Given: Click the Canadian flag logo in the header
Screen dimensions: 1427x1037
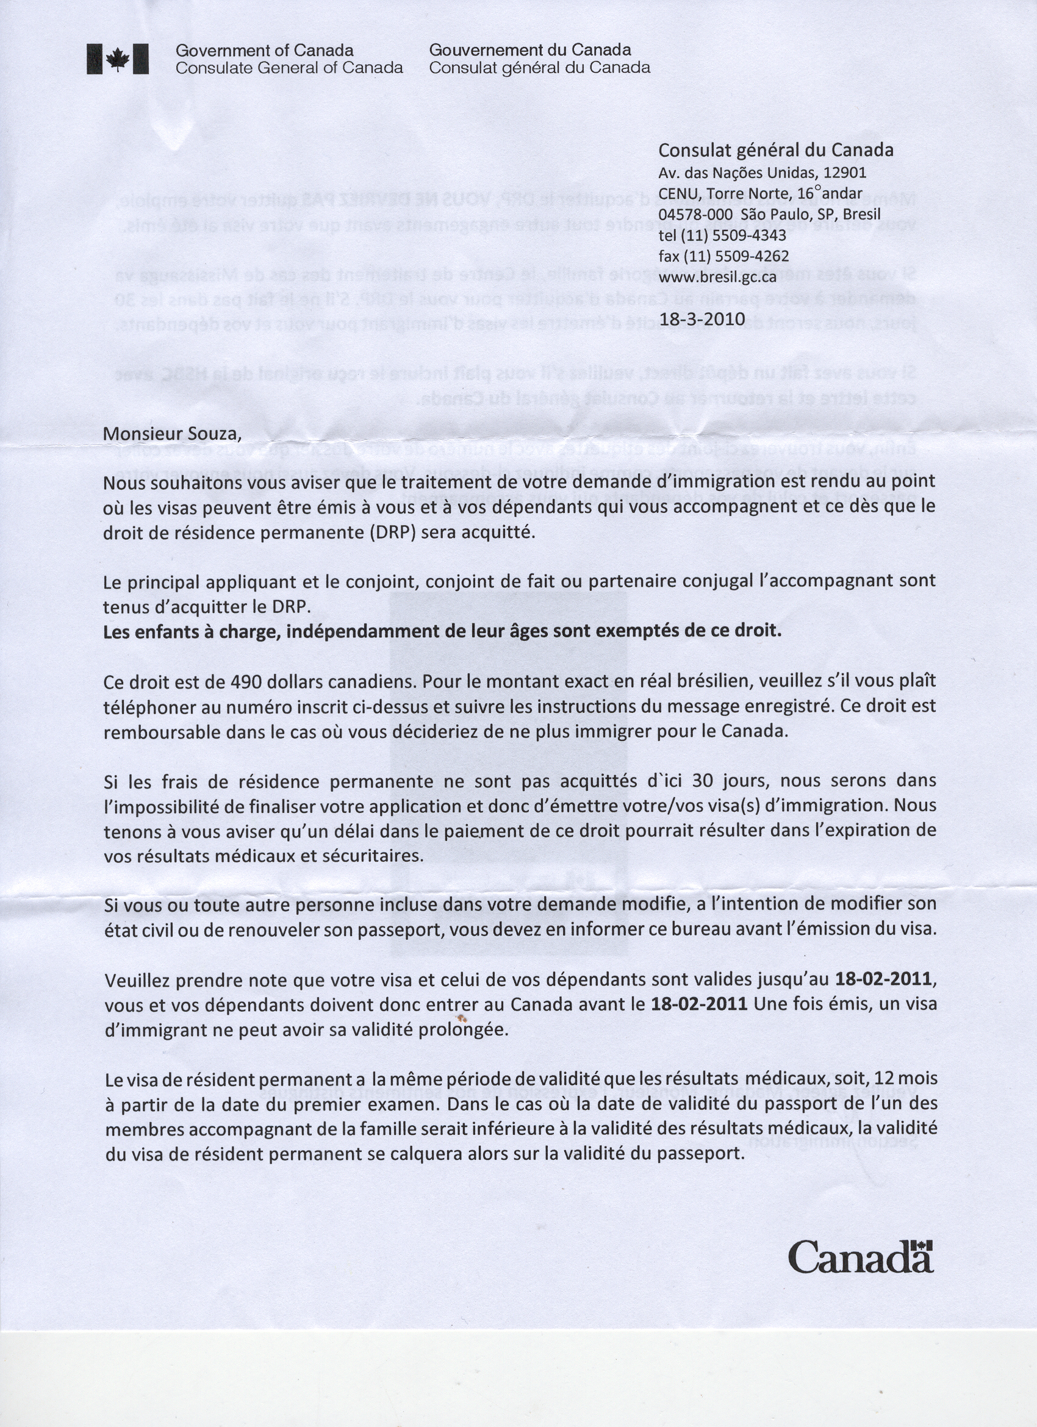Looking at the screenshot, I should tap(118, 60).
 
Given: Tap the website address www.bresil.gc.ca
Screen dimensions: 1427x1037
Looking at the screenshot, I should tap(717, 277).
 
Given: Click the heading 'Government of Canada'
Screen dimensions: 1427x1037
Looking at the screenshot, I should tap(264, 51).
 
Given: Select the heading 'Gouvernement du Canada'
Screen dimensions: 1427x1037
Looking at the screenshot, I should tap(530, 51).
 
